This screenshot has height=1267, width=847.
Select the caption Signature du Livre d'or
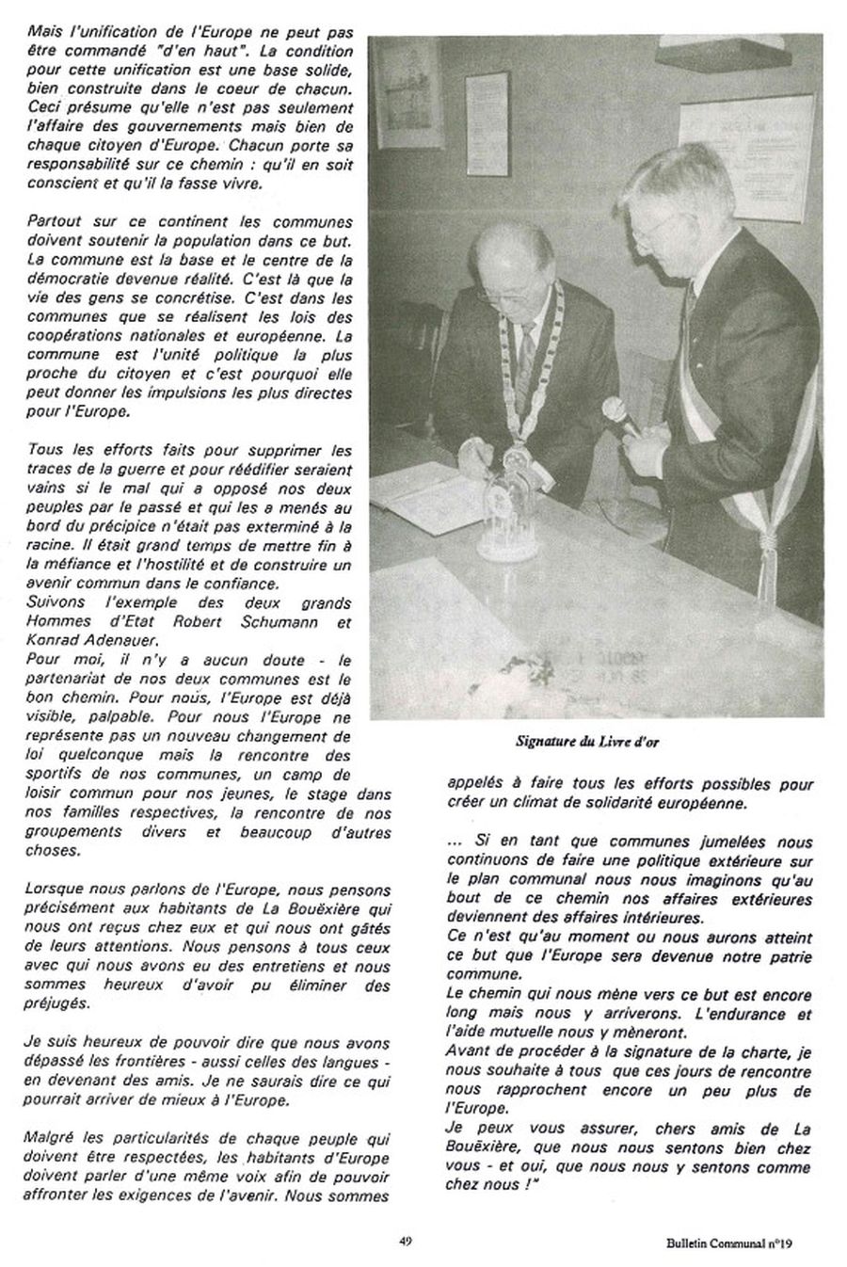pyautogui.click(x=587, y=741)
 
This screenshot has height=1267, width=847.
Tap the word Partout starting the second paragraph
pyautogui.click(x=55, y=222)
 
